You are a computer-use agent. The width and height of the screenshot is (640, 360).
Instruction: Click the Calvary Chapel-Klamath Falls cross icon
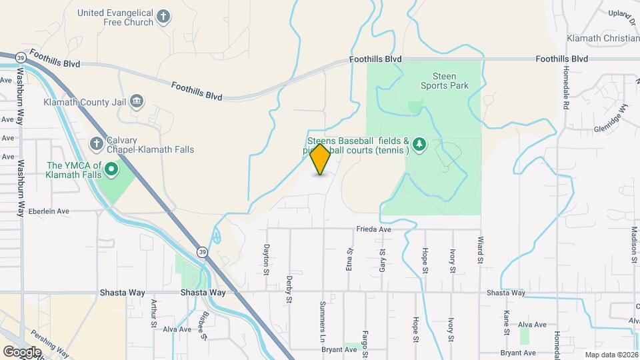click(x=97, y=143)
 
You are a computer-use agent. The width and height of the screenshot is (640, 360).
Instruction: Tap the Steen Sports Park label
click(x=445, y=81)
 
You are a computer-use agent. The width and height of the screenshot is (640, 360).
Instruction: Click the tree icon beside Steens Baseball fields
click(x=419, y=145)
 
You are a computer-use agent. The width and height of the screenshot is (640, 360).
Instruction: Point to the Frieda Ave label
click(x=375, y=229)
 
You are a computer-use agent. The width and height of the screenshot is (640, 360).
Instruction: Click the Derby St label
click(x=289, y=289)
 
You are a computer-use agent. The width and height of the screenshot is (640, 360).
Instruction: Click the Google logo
click(x=22, y=351)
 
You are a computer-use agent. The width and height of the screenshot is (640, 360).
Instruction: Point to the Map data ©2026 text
click(x=611, y=355)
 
